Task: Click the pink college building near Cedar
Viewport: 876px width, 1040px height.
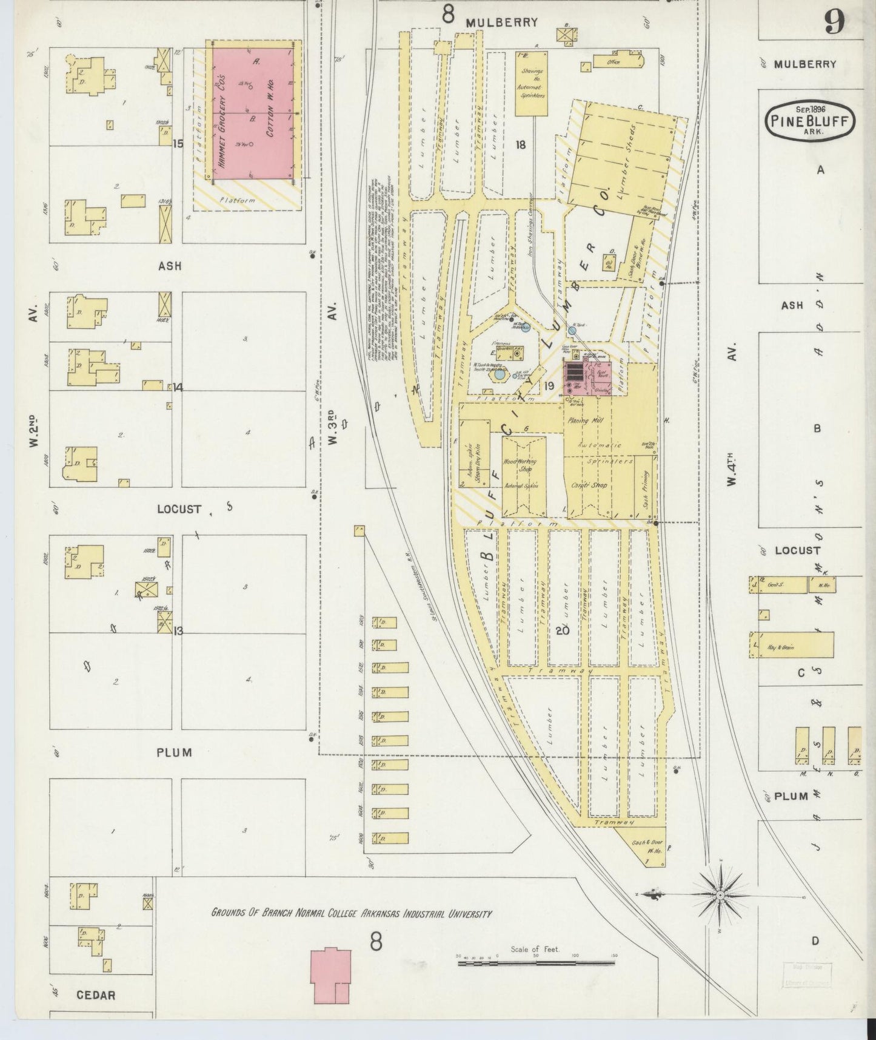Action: tap(331, 976)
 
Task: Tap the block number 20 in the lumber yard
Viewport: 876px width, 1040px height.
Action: tap(562, 630)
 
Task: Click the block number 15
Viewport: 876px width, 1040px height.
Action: tap(178, 144)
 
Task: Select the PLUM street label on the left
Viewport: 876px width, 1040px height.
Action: tap(174, 752)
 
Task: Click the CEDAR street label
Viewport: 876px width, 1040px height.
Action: tap(96, 995)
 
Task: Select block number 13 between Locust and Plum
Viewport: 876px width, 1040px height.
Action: tap(178, 631)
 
